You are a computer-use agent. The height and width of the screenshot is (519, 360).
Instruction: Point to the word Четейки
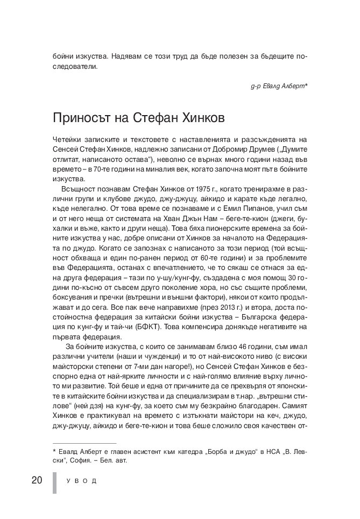tap(67, 139)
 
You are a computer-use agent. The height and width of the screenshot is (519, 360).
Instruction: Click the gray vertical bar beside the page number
tap(54, 481)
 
